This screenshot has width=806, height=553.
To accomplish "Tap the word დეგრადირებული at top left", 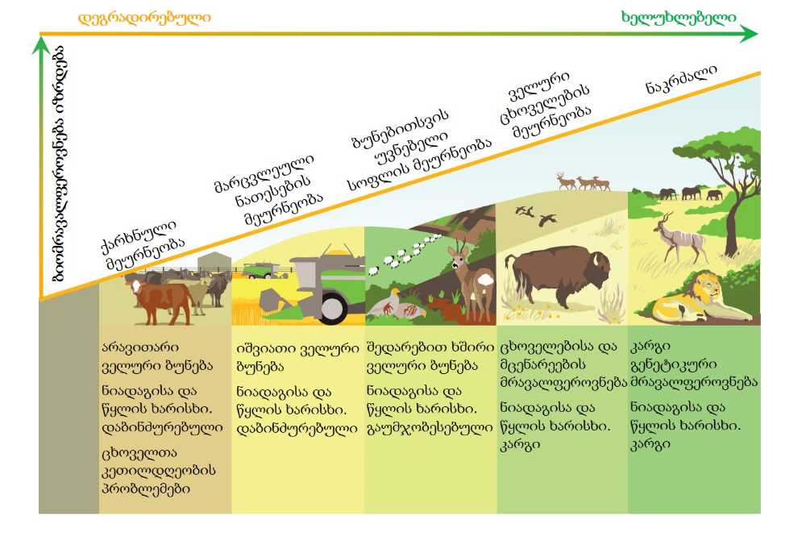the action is coord(144,19).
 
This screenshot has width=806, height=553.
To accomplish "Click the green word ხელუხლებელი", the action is coord(679,18).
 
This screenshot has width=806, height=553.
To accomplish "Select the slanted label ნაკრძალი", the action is coord(681,80).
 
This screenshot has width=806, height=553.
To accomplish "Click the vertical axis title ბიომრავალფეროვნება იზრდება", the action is coord(60,164).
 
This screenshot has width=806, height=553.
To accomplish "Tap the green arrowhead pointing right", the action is coord(749,34).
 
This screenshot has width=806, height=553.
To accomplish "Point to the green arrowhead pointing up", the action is coord(41,45).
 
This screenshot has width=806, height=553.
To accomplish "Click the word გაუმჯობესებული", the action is coord(430,427).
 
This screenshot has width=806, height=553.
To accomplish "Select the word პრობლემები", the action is coord(146,489).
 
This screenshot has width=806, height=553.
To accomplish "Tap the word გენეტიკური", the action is coord(673,364).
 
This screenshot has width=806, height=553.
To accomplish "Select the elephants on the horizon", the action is coord(691,193).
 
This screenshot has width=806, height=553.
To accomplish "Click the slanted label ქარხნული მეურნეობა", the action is coord(143,245).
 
